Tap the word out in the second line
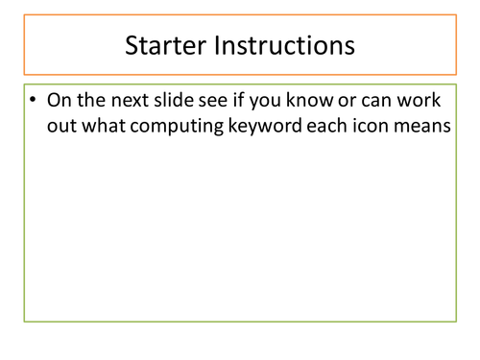coord(62,129)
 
